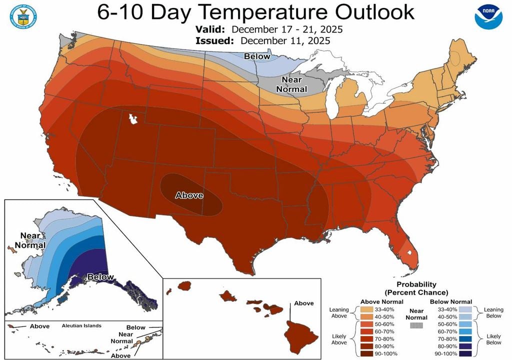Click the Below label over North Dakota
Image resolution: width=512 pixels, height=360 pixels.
pos(257,56)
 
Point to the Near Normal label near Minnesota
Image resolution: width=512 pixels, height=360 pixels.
pos(293,83)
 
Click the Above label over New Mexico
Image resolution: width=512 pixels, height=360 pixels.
pos(189,195)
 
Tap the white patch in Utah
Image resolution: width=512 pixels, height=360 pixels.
pos(133,119)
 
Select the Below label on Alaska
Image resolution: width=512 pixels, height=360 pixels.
pos(100,277)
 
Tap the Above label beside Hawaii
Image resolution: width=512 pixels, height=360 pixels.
pos(303,303)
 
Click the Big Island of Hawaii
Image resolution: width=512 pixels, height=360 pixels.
pos(299,335)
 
